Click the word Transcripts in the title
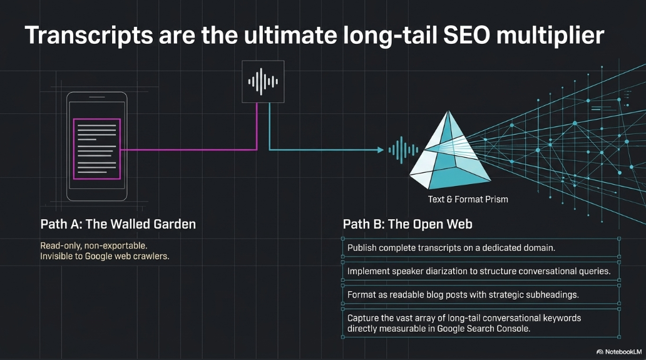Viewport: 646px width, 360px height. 89,35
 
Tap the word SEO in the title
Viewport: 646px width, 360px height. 466,35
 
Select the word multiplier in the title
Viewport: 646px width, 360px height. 550,35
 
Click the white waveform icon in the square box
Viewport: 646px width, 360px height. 263,81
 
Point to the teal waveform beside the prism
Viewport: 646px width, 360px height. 403,150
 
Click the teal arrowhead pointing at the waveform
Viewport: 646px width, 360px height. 381,150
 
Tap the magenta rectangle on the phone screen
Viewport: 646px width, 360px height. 97,149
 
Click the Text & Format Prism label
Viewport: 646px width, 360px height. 468,199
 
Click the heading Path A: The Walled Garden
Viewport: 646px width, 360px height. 118,224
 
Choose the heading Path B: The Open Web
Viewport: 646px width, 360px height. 408,224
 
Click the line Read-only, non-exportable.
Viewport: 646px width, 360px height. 93,245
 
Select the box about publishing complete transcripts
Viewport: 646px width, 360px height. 481,247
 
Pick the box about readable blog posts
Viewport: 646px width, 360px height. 481,294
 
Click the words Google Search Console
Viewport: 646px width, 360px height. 483,329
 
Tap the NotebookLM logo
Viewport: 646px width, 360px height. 618,352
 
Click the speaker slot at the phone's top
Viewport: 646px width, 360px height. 97,97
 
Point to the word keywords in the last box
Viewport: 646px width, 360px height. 560,318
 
